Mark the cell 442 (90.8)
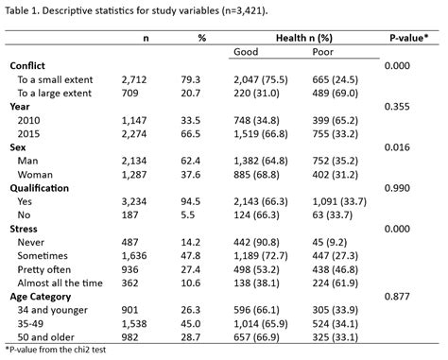pyautogui.click(x=259, y=244)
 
